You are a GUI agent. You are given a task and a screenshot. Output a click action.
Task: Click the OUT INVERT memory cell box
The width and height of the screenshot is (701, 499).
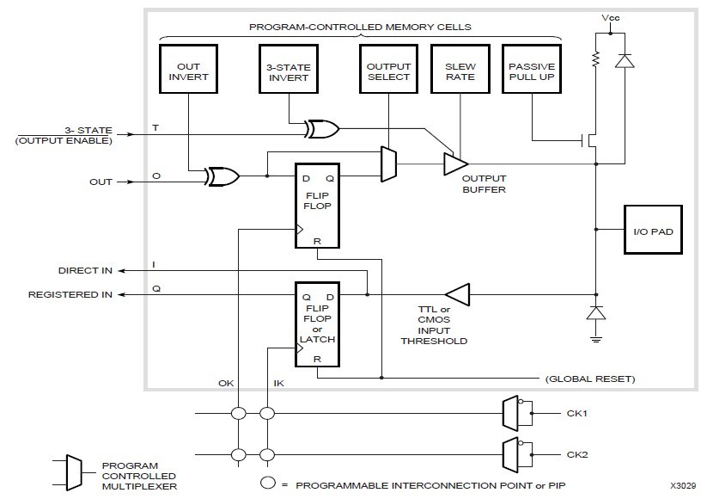[x=187, y=71]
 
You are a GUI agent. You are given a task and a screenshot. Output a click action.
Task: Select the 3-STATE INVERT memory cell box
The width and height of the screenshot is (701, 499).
[x=289, y=71]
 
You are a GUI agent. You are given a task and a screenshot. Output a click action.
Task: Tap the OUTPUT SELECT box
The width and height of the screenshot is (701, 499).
[x=388, y=71]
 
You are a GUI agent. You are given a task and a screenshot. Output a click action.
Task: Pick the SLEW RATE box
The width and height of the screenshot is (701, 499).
[x=460, y=71]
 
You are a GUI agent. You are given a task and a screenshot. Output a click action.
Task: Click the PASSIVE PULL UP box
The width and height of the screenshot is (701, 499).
[x=532, y=71]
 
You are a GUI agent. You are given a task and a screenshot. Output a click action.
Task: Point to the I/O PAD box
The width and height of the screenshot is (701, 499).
[x=652, y=230]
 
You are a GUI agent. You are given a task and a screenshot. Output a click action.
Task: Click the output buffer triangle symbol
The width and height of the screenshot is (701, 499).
[x=454, y=163]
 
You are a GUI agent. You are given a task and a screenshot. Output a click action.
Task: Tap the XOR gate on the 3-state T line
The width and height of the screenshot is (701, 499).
[x=322, y=130]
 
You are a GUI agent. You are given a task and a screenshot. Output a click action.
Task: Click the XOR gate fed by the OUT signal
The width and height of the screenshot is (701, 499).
[x=222, y=177]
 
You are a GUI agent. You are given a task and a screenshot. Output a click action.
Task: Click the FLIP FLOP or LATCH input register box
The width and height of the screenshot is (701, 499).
[x=316, y=323]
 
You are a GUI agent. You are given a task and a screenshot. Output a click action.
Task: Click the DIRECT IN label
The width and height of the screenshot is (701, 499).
[x=84, y=269]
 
